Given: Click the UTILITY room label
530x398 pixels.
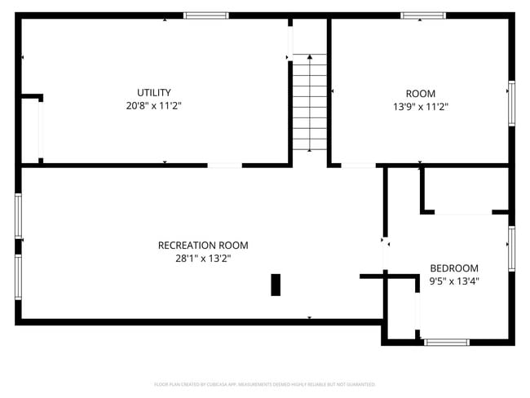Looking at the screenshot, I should tap(153, 92).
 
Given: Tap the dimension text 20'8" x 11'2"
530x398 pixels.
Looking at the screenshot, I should tap(153, 106).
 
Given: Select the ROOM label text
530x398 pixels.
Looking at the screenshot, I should tap(421, 93).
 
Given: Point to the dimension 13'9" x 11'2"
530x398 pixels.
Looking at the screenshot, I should tap(421, 107).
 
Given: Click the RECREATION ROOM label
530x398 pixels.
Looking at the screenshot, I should tap(203, 245).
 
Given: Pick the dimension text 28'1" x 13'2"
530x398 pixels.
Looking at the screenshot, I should tap(203, 259).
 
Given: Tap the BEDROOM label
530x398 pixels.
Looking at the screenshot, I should tap(454, 268).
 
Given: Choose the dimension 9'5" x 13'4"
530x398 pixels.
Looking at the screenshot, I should tap(454, 281).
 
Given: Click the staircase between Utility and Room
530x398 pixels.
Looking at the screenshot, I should tap(310, 102).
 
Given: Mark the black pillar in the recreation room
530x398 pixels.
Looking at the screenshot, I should tap(276, 284).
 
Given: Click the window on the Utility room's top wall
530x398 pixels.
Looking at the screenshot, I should tap(205, 15).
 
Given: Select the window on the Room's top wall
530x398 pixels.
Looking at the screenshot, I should tap(423, 15).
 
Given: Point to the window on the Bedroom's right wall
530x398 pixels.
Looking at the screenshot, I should tap(512, 247).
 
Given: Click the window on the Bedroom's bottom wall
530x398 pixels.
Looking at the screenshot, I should tap(447, 342).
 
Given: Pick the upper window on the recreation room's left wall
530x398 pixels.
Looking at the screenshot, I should tap(18, 216).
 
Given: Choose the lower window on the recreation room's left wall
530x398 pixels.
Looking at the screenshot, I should tap(18, 277).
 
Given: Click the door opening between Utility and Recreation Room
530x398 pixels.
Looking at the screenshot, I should tap(224, 166).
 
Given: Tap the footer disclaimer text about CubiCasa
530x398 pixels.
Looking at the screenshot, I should tap(265, 384).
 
